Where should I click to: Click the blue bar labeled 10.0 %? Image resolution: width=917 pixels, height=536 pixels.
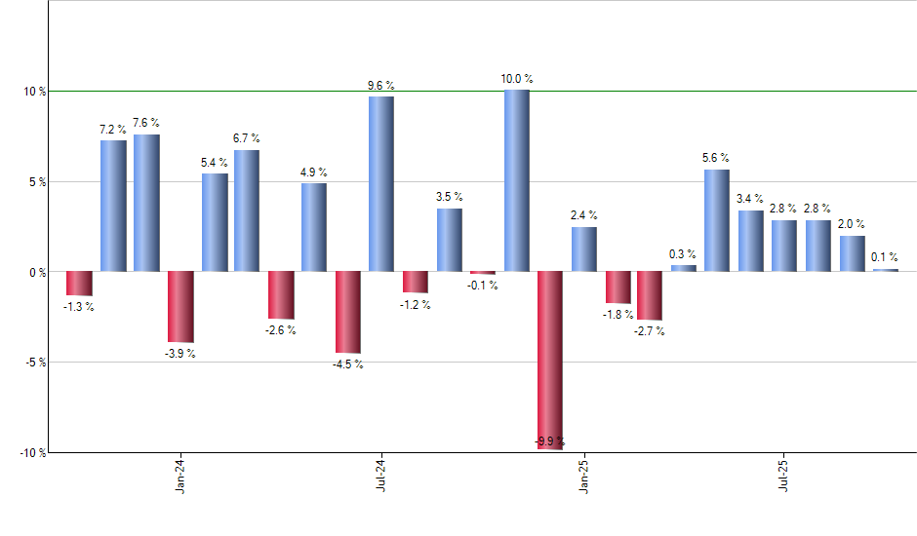click(516, 180)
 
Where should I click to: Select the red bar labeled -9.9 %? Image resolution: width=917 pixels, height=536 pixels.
click(550, 360)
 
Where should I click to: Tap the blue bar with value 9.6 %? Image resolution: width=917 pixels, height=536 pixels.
click(381, 183)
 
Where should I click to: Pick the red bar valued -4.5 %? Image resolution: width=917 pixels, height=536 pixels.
click(348, 312)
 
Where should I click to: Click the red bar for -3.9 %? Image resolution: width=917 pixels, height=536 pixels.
click(180, 307)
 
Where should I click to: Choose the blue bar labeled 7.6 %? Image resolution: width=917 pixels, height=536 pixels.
click(146, 203)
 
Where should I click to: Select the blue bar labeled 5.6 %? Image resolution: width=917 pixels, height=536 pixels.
click(716, 220)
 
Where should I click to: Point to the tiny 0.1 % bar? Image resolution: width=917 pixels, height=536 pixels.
click(885, 269)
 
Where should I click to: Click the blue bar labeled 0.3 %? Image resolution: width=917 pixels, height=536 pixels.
click(683, 268)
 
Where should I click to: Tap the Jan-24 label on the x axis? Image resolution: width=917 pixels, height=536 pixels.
click(180, 477)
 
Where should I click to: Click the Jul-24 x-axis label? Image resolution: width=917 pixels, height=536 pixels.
click(380, 477)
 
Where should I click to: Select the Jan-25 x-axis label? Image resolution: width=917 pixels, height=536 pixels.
click(583, 477)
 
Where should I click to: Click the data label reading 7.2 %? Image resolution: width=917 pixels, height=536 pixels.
click(113, 129)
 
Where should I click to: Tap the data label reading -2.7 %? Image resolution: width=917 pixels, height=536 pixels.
click(649, 331)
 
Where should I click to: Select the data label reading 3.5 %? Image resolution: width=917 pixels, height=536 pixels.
click(450, 197)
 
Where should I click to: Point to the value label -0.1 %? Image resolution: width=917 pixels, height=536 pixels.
click(483, 286)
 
